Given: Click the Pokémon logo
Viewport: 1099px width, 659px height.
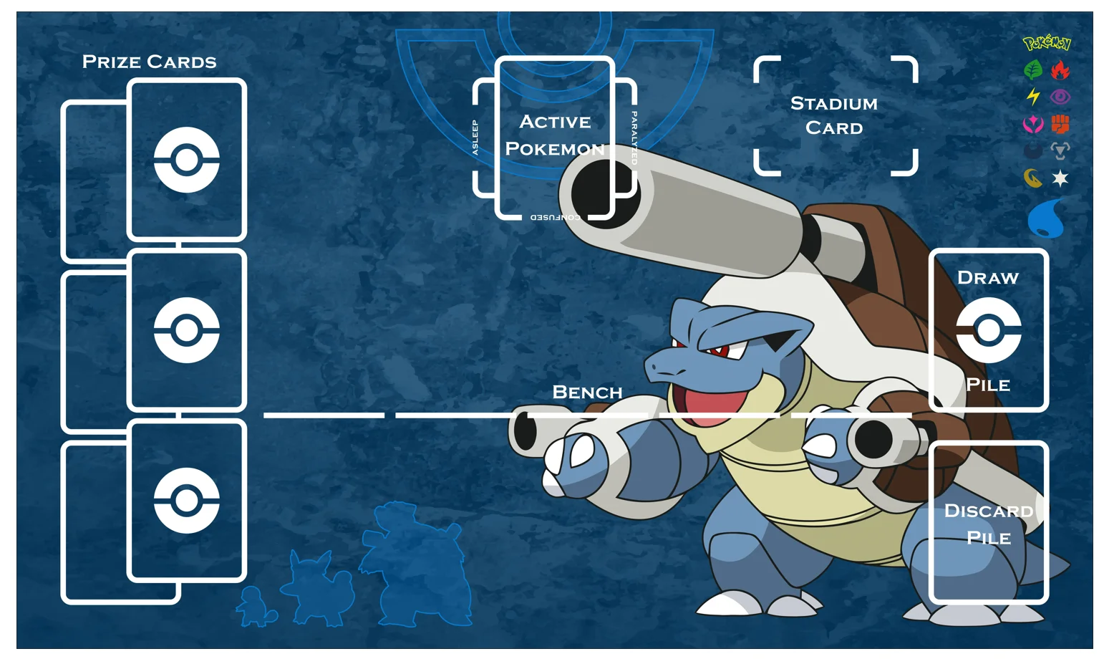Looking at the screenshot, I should [1046, 44].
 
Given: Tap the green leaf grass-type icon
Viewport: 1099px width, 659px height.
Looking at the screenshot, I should [1032, 70].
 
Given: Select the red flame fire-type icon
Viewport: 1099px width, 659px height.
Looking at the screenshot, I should [1060, 70].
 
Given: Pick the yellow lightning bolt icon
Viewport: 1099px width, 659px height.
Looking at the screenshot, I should [1032, 96].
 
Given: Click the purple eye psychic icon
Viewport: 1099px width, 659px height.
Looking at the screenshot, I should [1060, 97].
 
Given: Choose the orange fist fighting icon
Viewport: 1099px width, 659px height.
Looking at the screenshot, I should [1060, 124].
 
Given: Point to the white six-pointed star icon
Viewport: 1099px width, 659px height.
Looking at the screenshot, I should [1060, 178].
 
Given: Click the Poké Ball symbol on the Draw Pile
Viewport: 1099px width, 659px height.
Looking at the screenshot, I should [989, 330].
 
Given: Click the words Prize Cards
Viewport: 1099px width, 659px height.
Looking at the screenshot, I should [149, 62].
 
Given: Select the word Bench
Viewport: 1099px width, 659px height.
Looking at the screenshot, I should [587, 393].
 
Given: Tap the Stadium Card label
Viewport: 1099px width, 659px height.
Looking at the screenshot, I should [834, 116].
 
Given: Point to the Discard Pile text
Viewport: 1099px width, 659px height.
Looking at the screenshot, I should [989, 524].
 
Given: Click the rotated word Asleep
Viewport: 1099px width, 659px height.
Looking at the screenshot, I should [475, 138].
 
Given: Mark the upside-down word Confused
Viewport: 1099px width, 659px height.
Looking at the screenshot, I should [555, 217].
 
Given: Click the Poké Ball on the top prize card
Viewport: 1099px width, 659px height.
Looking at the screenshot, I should [186, 160].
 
